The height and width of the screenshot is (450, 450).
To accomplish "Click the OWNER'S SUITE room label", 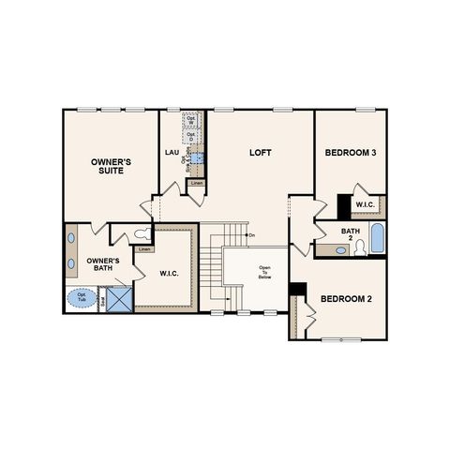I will click(111, 167).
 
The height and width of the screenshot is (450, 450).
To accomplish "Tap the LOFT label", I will click(260, 152).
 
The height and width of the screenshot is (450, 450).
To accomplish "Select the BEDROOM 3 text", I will click(350, 152).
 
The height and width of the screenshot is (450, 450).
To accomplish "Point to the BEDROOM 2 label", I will click(346, 299).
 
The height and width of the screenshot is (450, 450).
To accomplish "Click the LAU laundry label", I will click(172, 152).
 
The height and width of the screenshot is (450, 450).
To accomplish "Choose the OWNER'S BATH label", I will click(101, 263).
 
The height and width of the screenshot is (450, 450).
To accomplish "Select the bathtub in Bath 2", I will click(376, 238).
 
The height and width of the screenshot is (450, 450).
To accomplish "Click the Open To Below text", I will click(265, 272).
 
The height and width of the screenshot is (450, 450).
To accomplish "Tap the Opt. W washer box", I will click(191, 121).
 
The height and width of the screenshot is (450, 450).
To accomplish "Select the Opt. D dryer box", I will click(191, 137).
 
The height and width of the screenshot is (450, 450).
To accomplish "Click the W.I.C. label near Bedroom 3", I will click(365, 207).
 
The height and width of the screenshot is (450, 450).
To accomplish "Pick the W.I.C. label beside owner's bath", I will click(169, 275).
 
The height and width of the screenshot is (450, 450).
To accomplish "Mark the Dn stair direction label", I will click(251, 234).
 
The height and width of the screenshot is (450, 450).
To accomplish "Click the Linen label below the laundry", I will click(196, 183).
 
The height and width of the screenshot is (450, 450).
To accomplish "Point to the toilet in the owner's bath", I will click(142, 234).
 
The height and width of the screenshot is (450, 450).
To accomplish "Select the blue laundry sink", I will click(197, 160).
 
